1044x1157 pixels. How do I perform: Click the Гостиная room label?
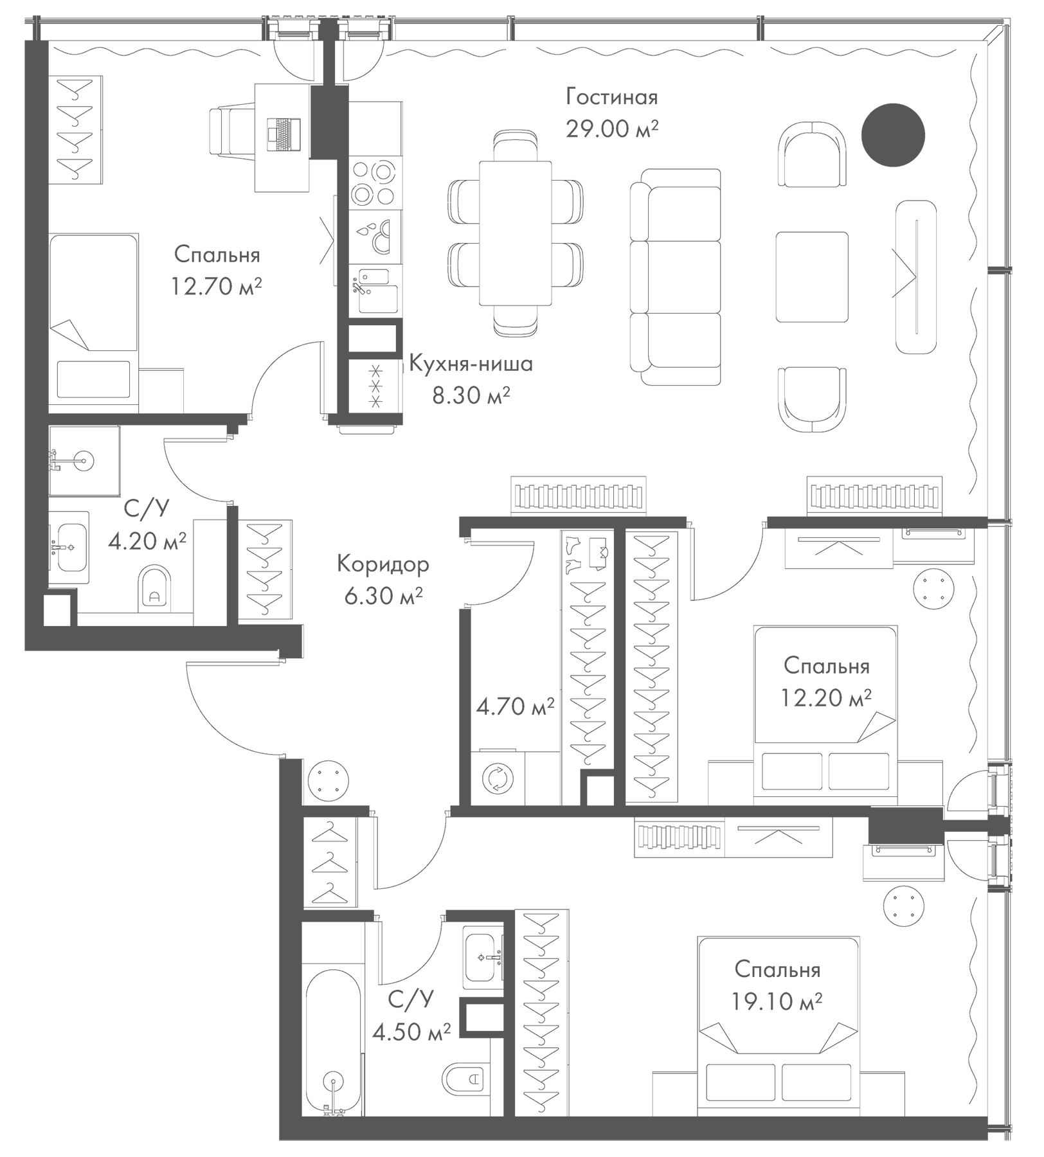click(611, 98)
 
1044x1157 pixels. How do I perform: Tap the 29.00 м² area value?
click(611, 129)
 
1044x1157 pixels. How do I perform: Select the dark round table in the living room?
click(892, 135)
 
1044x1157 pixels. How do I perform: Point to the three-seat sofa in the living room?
click(676, 278)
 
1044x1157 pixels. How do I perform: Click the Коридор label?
click(383, 565)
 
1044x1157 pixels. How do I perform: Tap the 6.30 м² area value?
click(383, 596)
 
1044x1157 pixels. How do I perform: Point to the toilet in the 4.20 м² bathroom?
click(155, 587)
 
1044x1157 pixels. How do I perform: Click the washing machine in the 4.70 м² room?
click(498, 778)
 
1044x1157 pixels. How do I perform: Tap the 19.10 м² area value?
click(777, 1001)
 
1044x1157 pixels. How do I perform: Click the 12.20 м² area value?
click(826, 697)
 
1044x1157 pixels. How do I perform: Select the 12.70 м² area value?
click(216, 286)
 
